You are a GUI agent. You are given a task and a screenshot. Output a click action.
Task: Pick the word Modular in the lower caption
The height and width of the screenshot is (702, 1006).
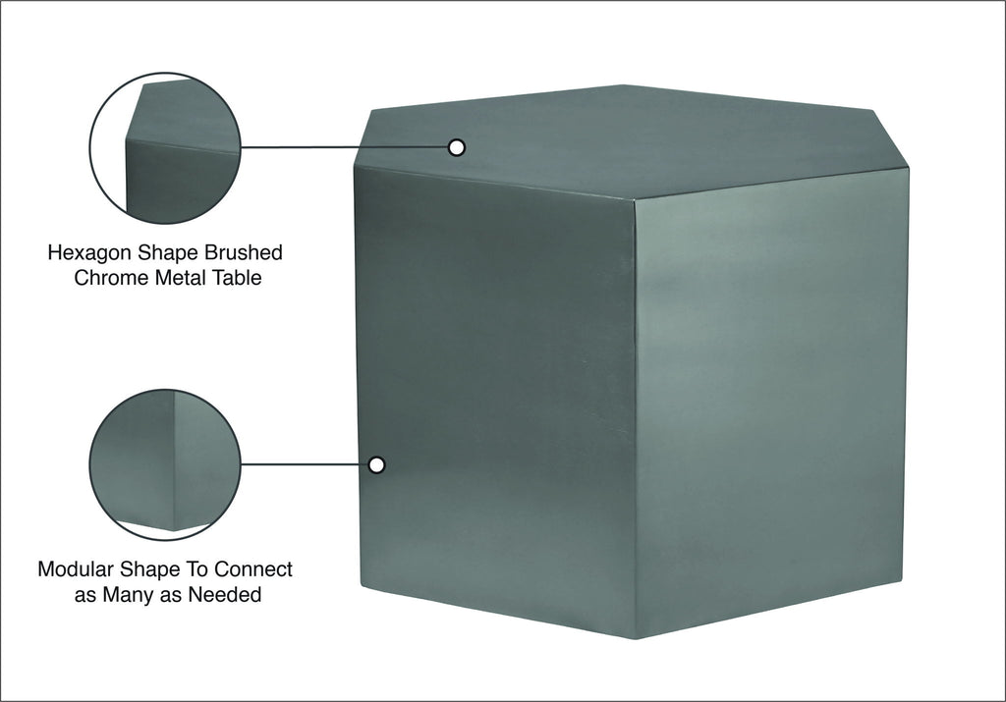tap(77, 569)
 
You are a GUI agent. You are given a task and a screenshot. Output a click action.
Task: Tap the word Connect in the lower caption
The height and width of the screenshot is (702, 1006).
tap(252, 569)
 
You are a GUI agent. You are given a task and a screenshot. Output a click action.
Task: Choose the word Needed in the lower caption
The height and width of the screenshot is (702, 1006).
tap(225, 595)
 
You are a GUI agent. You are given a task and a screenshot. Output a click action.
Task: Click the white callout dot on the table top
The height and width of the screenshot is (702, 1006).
tap(457, 147)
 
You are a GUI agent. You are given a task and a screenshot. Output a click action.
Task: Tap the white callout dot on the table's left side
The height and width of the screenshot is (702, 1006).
tap(377, 464)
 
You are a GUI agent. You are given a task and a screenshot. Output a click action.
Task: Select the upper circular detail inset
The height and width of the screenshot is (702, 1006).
tap(165, 148)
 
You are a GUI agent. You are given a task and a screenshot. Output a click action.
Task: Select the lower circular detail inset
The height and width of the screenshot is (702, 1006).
tap(165, 464)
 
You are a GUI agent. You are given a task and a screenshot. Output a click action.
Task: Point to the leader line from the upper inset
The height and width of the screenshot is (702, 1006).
tap(345, 147)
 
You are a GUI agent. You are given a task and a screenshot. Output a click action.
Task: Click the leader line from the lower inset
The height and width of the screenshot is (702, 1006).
tap(306, 464)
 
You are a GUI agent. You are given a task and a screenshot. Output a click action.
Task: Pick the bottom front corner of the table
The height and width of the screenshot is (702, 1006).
tap(636, 638)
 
